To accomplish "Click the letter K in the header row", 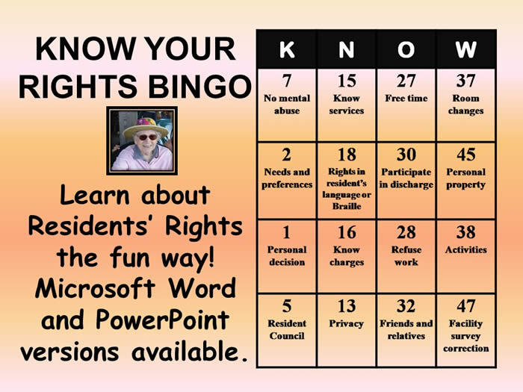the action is point(287,50).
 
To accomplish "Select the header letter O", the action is point(406,50).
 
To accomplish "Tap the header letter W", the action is point(465,50).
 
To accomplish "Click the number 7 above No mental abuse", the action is point(287,81).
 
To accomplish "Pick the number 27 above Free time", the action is point(406,81).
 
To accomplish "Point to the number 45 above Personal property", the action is point(466,155).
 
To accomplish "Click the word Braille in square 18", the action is point(347,206).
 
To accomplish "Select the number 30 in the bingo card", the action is point(406,155).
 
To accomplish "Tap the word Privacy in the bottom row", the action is point(346,323).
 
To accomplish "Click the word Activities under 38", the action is point(465,249).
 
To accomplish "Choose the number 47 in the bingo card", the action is point(466,306).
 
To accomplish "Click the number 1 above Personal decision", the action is point(286,232).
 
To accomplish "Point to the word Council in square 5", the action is point(287,336).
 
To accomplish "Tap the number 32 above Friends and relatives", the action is point(406,306).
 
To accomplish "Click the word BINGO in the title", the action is point(199,87).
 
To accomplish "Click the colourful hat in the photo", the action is point(145,128).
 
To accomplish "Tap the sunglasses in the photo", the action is point(146,137).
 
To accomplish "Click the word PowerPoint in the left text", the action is point(162,320).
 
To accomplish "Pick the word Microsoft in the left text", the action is point(95,288).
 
